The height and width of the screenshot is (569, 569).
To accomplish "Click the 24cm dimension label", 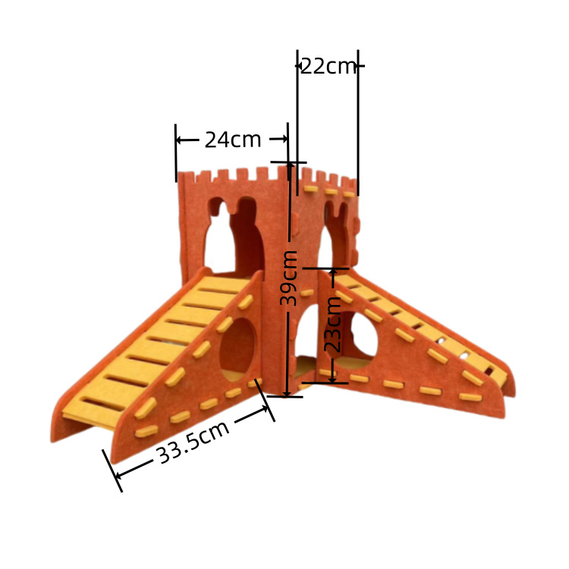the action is pyautogui.click(x=233, y=140).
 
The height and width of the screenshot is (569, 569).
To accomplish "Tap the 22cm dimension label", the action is pyautogui.click(x=329, y=66).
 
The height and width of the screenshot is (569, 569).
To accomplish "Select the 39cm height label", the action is pyautogui.click(x=289, y=278).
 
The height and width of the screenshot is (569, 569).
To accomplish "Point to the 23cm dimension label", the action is pyautogui.click(x=332, y=324).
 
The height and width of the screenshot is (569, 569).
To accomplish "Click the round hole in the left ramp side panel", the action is pyautogui.click(x=237, y=349).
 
